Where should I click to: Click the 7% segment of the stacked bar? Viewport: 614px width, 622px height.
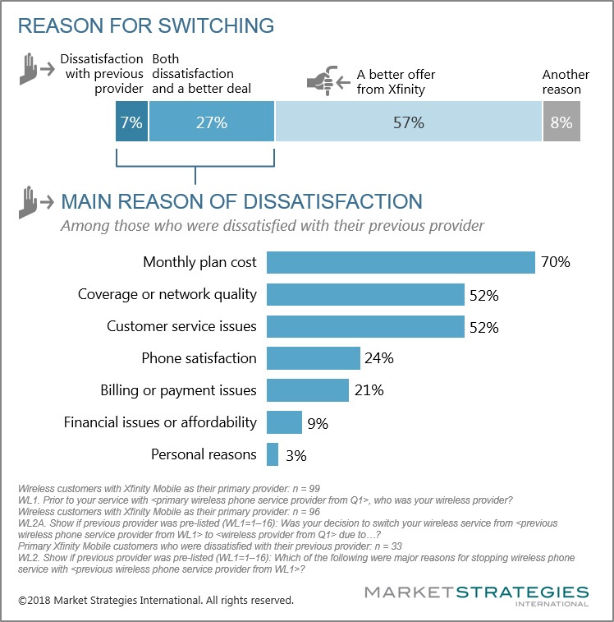tap(132, 123)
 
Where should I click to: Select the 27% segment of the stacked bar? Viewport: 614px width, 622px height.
tap(212, 123)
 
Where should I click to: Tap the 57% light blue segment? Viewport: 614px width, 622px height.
tap(408, 123)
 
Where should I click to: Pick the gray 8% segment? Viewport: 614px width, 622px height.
tap(561, 123)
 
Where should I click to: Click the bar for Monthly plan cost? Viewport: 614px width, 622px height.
tap(401, 263)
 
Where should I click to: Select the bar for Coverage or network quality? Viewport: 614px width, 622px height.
tap(365, 294)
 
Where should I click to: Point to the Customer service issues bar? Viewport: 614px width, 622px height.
tap(365, 326)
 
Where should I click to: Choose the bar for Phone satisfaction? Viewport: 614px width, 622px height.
tap(314, 358)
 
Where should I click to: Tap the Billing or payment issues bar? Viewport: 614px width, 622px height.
tap(308, 389)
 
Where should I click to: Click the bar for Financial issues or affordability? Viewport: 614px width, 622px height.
tap(284, 422)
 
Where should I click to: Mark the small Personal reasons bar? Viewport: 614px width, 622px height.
tap(273, 454)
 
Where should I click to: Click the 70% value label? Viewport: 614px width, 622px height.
tap(555, 263)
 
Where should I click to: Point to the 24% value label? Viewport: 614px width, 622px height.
tap(380, 358)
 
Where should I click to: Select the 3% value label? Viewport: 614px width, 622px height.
tap(297, 454)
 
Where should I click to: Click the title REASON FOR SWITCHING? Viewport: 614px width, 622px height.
tap(146, 25)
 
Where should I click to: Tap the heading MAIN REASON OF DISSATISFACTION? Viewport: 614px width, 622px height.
tap(242, 201)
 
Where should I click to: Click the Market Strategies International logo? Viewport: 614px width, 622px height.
tap(476, 596)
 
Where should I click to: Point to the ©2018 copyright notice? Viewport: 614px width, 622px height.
tap(156, 601)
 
